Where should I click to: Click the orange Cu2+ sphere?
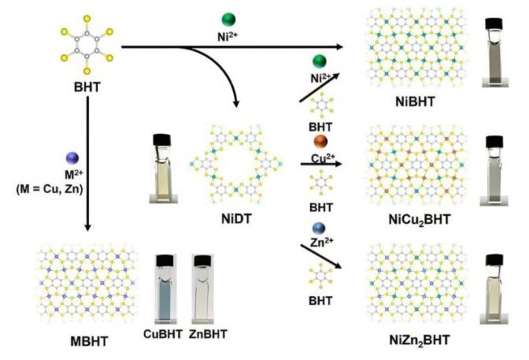pos(320,142)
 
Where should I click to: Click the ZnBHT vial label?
pos(209,334)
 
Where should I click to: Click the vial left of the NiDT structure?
pos(161,161)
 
